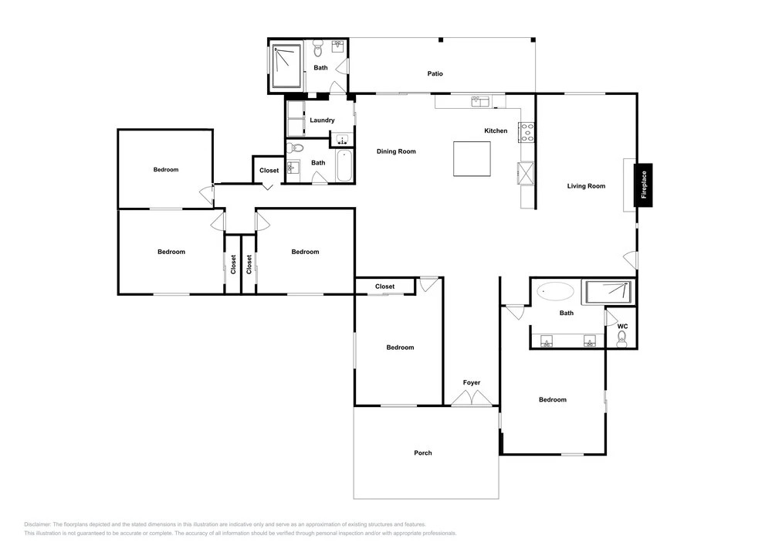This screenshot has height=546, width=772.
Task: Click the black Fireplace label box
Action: tap(643, 185)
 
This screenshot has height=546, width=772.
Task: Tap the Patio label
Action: tap(435, 74)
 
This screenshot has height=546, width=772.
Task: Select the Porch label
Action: tap(423, 453)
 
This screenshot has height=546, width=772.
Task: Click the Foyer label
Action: tap(472, 382)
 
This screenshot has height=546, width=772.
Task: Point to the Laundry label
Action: tap(322, 120)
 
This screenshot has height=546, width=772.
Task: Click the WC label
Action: tap(622, 327)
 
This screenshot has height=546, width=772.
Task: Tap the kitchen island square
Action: tap(472, 158)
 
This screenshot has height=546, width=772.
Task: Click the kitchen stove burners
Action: tap(527, 132)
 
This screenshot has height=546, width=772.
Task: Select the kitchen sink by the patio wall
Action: tap(480, 101)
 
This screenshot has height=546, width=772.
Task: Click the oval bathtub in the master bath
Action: tap(555, 291)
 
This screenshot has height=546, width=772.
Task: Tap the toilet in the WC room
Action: tap(621, 339)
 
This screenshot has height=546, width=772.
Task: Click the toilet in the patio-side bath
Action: tap(317, 49)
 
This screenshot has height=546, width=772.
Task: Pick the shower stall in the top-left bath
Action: tap(286, 66)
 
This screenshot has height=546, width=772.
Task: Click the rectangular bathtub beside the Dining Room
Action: tap(344, 166)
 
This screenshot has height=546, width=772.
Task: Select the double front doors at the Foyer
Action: tap(472, 398)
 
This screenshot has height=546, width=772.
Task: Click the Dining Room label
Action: tap(396, 151)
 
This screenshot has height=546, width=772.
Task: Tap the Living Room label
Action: tap(586, 186)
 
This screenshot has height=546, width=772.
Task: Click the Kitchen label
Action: tap(496, 131)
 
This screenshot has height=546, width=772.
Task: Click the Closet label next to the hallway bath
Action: tap(269, 171)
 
